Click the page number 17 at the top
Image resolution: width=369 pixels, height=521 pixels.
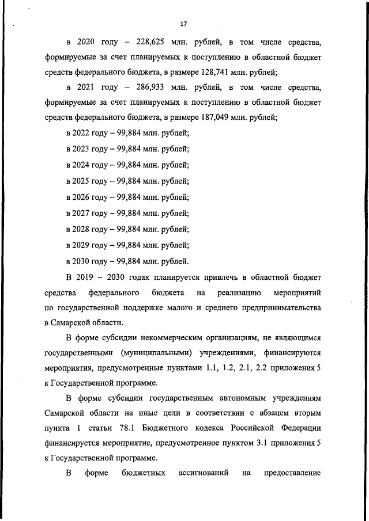pyautogui.click(x=183, y=24)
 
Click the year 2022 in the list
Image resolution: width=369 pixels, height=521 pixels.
pyautogui.click(x=80, y=133)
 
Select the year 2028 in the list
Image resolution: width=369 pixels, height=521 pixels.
pyautogui.click(x=80, y=229)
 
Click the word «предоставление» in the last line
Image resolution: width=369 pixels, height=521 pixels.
pyautogui.click(x=292, y=473)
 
